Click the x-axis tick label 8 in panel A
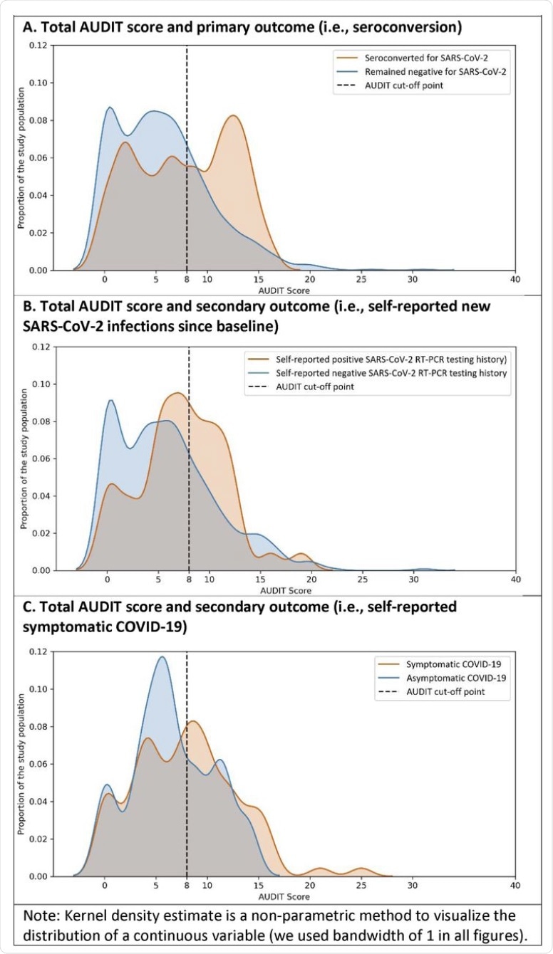pyautogui.click(x=186, y=281)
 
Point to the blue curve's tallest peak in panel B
pyautogui.click(x=110, y=400)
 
